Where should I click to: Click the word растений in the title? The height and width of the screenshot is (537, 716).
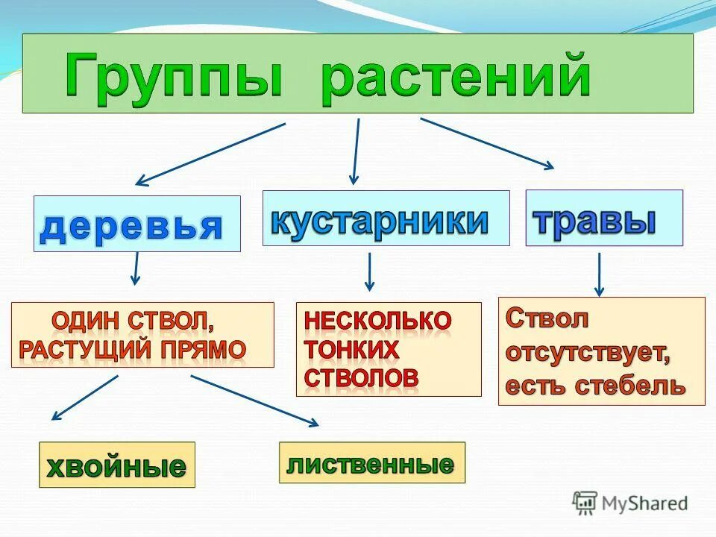click(456, 77)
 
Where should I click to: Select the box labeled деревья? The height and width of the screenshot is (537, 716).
click(136, 224)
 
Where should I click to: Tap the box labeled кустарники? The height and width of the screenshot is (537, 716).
click(386, 218)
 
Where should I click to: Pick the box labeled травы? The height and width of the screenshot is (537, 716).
click(603, 218)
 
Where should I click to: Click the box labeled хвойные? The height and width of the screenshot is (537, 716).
click(116, 465)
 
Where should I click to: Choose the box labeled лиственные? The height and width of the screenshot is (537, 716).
click(371, 462)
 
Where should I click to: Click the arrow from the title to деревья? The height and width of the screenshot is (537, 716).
click(210, 154)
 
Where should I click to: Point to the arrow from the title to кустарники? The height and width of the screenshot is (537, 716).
click(356, 151)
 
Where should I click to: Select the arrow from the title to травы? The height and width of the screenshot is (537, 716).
click(487, 143)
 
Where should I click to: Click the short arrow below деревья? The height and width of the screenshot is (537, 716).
click(135, 268)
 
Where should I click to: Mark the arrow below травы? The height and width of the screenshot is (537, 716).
click(599, 274)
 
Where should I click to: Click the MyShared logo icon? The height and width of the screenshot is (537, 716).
click(585, 503)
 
